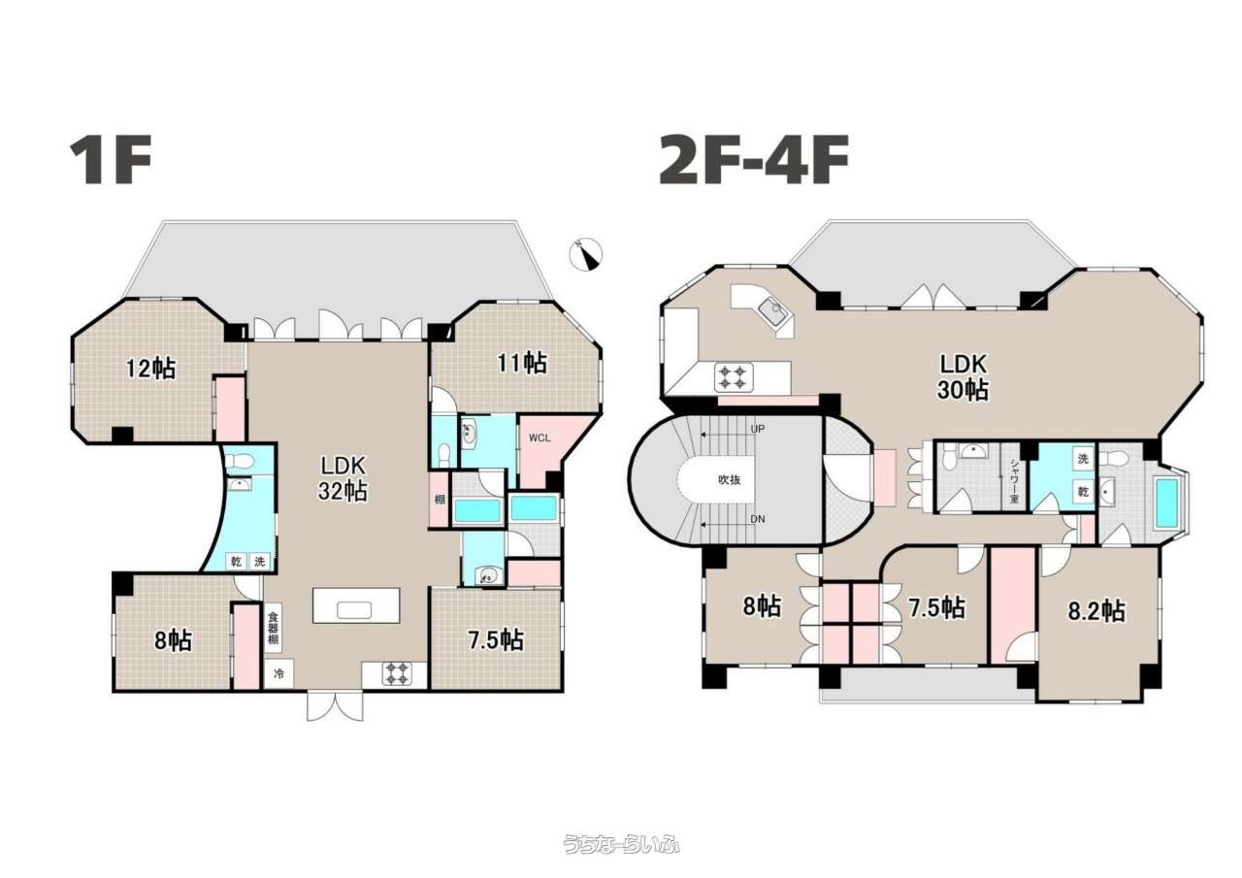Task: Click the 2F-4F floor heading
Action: coord(754,160)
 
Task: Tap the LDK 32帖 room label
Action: coord(343,477)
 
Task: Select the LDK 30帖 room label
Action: coord(963,377)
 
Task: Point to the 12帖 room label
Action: coord(150,368)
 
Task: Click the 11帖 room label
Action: coord(522,363)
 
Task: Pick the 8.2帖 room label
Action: coord(1096,611)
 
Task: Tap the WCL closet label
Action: coord(539,438)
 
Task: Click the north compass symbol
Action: coord(585,254)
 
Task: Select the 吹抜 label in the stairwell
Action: coord(729,480)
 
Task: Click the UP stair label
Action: coord(758,429)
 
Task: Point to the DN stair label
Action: coord(758,519)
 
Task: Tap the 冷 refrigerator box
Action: coord(278,674)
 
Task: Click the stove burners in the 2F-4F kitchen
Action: coord(735,377)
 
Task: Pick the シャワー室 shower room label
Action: coord(1014,481)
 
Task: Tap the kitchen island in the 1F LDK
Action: coord(356,605)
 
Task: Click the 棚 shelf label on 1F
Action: coord(440,500)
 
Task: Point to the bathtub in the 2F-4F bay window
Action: coord(1166,503)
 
